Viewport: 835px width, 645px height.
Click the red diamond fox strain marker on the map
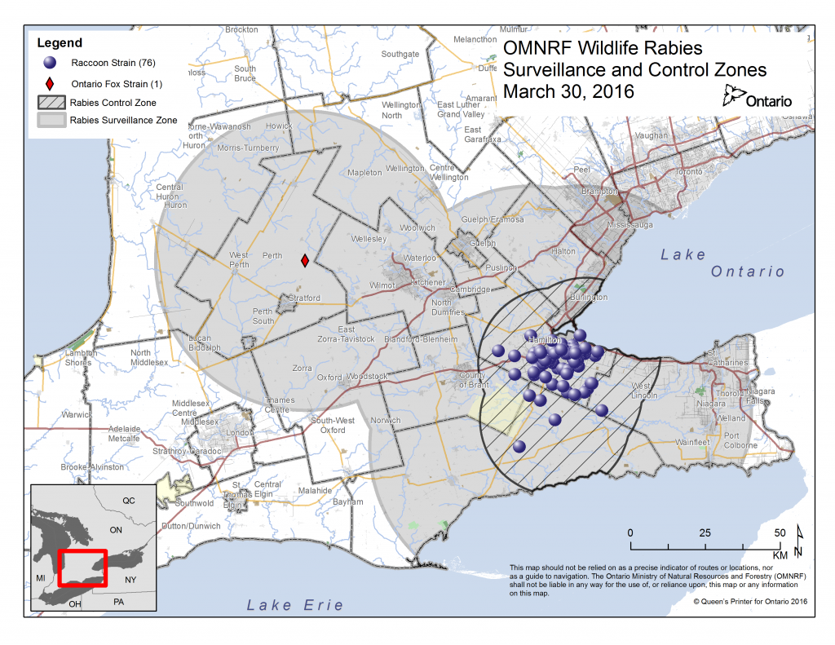(x=304, y=261)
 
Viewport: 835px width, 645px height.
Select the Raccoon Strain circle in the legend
(x=50, y=63)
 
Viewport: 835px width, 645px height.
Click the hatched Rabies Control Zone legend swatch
(x=50, y=103)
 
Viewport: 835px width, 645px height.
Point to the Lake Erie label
(x=294, y=605)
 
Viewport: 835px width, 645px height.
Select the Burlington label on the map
(x=588, y=298)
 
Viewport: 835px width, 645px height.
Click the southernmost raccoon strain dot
(x=519, y=447)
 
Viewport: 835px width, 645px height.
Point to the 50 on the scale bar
(x=780, y=532)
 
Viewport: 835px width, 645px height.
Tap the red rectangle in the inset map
(x=82, y=568)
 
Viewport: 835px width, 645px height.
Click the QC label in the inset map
(x=129, y=500)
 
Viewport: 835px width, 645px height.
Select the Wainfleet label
(x=691, y=442)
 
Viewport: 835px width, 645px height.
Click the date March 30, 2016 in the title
(x=568, y=91)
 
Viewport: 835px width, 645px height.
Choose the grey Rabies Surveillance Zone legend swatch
(x=50, y=121)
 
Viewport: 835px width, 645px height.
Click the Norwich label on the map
(x=386, y=421)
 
